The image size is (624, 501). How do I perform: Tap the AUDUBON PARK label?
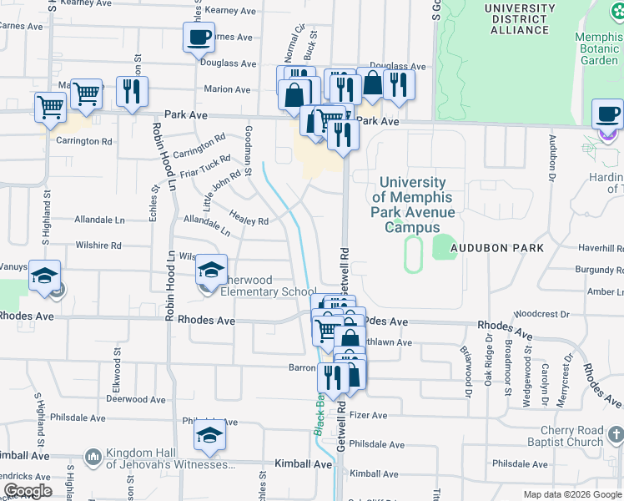click(497, 248)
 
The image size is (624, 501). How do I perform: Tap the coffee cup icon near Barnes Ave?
click(199, 38)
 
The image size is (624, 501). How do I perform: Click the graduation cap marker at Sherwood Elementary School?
click(211, 269)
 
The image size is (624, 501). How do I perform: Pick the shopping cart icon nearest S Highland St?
click(50, 107)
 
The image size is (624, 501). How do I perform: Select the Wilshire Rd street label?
click(98, 245)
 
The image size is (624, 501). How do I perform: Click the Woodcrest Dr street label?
click(541, 314)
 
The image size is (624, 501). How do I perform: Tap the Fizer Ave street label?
click(368, 415)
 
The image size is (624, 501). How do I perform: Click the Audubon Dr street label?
click(551, 159)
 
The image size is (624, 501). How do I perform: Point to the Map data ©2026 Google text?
click(571, 494)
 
